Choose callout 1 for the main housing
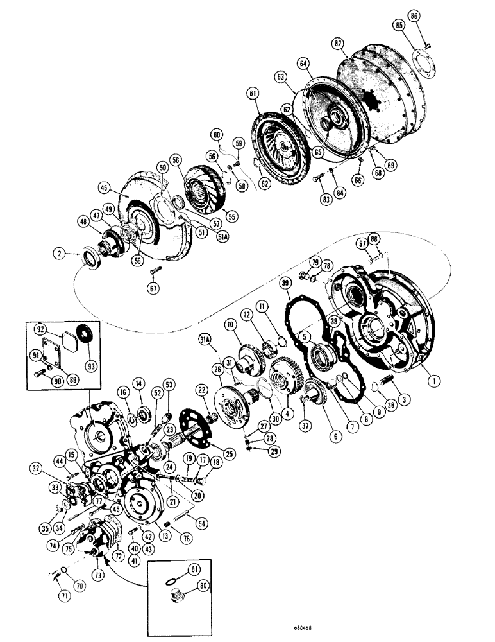click(x=435, y=380)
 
